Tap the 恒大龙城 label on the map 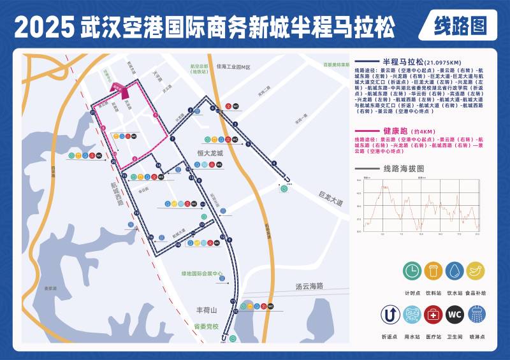[210, 154]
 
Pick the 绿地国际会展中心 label [201, 274]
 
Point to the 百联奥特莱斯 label [335, 65]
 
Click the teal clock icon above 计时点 [412, 271]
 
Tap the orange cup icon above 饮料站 [433, 271]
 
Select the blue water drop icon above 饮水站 [455, 271]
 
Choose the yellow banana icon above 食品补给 [476, 271]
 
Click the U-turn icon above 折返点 [390, 314]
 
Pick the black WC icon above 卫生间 [454, 314]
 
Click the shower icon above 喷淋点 [476, 314]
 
